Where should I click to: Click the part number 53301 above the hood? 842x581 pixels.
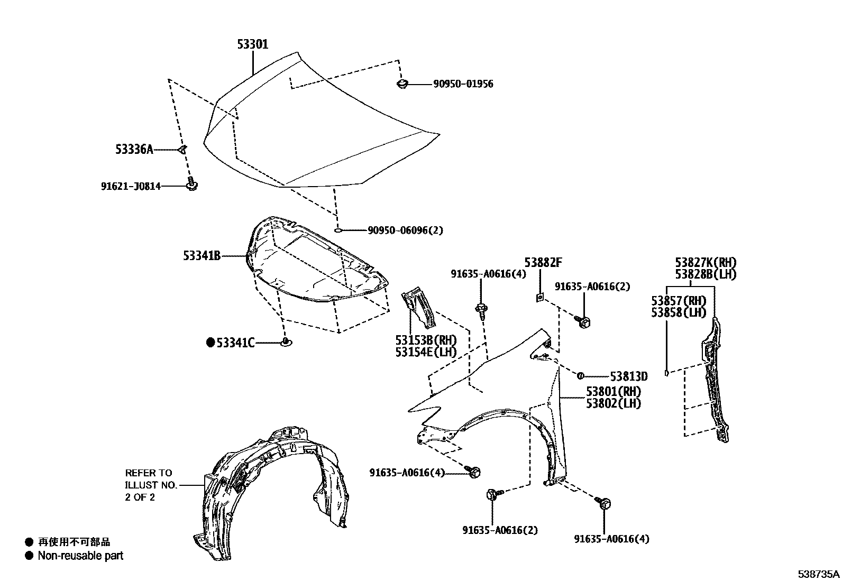point(252,44)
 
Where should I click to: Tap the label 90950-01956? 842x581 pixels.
point(463,84)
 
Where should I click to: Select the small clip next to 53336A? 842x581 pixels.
point(182,150)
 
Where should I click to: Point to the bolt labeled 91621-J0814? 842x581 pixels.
point(191,185)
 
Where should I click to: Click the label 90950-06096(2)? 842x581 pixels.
point(405,230)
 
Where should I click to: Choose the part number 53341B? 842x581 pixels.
point(202,256)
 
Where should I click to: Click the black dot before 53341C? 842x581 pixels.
point(211,343)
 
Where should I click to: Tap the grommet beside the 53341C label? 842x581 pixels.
point(286,343)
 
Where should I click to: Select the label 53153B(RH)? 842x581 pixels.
point(425,340)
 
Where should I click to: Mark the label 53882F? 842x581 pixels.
point(543,262)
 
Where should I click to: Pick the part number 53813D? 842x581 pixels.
point(628,376)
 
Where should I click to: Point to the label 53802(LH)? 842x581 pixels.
point(613,403)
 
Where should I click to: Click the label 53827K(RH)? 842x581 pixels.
point(705,262)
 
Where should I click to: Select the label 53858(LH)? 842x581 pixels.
point(679,312)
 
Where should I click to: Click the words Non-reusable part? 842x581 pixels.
point(80,556)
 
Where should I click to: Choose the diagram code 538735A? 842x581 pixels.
point(819,574)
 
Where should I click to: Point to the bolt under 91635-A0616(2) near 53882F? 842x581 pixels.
point(584,321)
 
